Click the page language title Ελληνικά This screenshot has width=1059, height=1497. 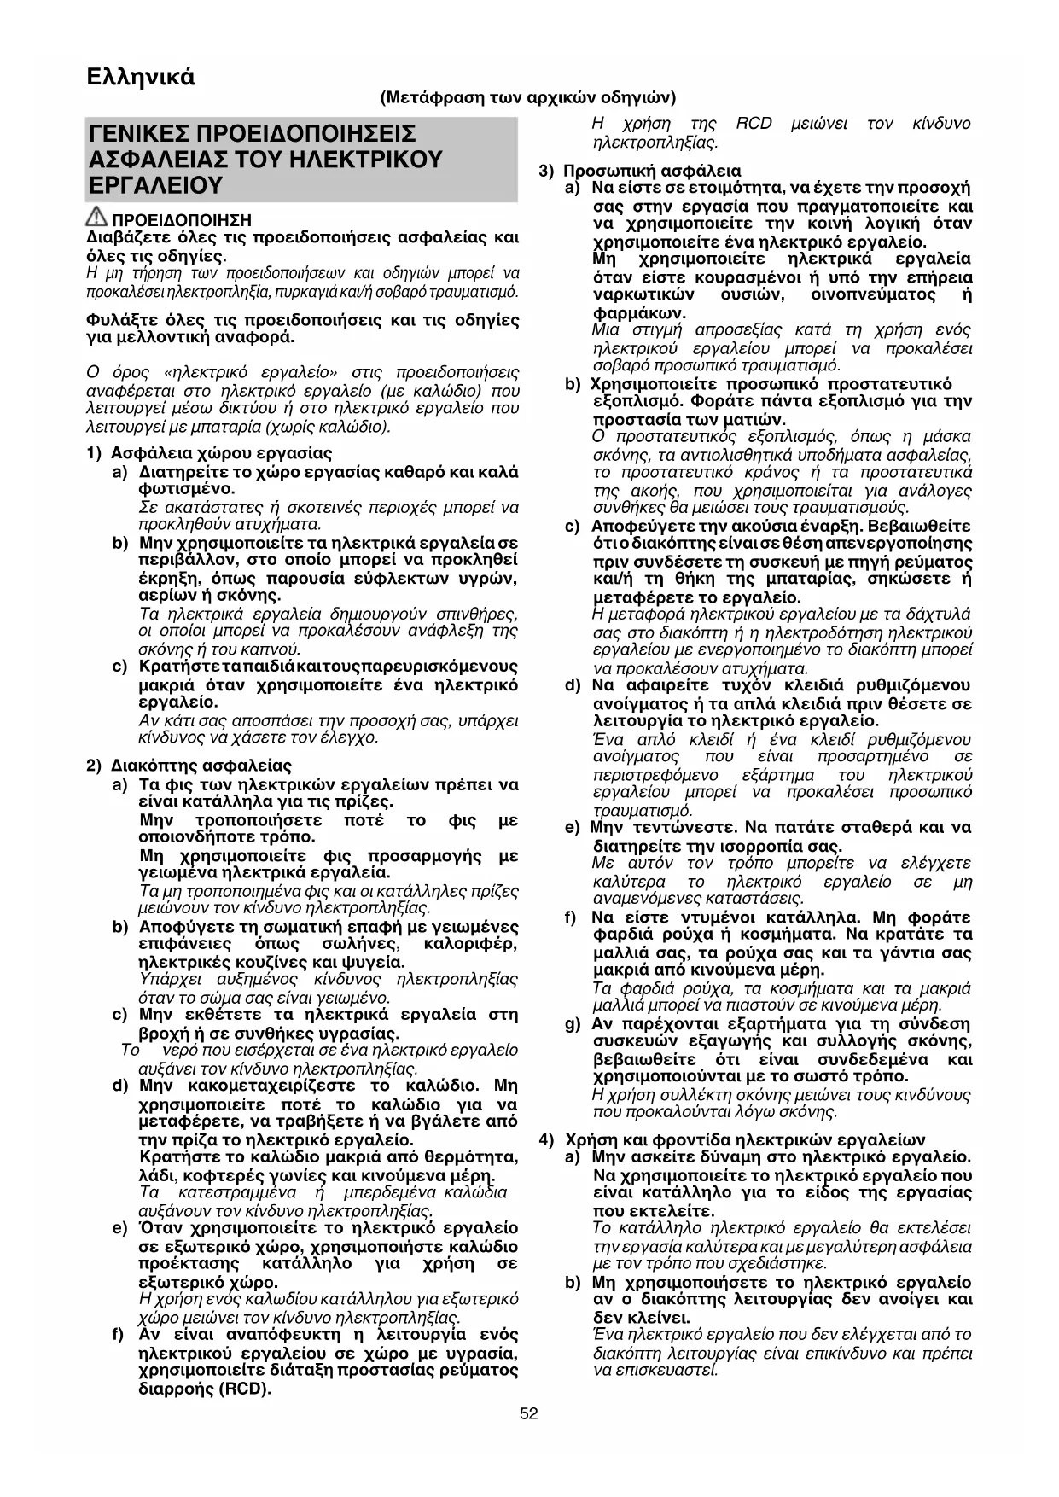[141, 77]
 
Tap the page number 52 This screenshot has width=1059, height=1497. [529, 1413]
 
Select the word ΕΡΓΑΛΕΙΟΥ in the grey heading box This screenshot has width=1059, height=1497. [156, 185]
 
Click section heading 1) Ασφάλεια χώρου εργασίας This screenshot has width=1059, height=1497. [210, 453]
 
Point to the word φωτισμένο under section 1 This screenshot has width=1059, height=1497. [186, 489]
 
